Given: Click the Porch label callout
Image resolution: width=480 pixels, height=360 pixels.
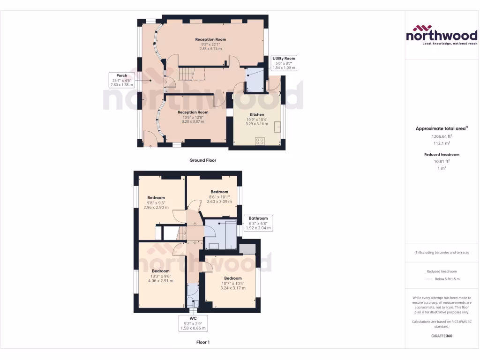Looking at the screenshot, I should pyautogui.click(x=122, y=80).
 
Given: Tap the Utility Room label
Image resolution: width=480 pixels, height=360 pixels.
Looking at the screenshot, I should pyautogui.click(x=284, y=59).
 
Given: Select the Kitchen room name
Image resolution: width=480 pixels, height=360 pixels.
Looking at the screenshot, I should pyautogui.click(x=257, y=114).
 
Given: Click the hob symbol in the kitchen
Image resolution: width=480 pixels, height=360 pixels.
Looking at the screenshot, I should pyautogui.click(x=260, y=141).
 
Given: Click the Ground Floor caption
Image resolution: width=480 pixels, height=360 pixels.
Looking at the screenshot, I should pyautogui.click(x=202, y=160).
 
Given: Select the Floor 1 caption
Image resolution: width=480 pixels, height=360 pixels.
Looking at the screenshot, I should pyautogui.click(x=202, y=342).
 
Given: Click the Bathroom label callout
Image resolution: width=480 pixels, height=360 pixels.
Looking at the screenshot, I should pyautogui.click(x=258, y=218).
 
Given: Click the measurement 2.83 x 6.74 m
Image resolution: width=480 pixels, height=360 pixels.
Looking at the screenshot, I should pyautogui.click(x=210, y=49).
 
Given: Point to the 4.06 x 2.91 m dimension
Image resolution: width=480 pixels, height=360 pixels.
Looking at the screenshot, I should pyautogui.click(x=160, y=281).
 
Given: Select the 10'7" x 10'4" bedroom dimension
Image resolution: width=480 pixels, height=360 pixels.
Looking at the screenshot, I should pyautogui.click(x=233, y=283).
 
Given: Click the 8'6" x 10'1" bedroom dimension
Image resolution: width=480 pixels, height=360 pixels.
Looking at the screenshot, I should pyautogui.click(x=219, y=197).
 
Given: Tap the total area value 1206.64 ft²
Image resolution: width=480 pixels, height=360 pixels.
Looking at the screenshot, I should pyautogui.click(x=441, y=136).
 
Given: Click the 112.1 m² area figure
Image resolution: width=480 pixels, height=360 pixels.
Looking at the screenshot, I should pyautogui.click(x=441, y=144).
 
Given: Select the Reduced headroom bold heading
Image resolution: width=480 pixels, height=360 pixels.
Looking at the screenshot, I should pyautogui.click(x=442, y=154).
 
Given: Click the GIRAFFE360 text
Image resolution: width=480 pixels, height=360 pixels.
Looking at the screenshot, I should pyautogui.click(x=442, y=336).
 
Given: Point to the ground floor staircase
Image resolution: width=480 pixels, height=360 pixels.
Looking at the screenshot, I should pyautogui.click(x=187, y=73).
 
